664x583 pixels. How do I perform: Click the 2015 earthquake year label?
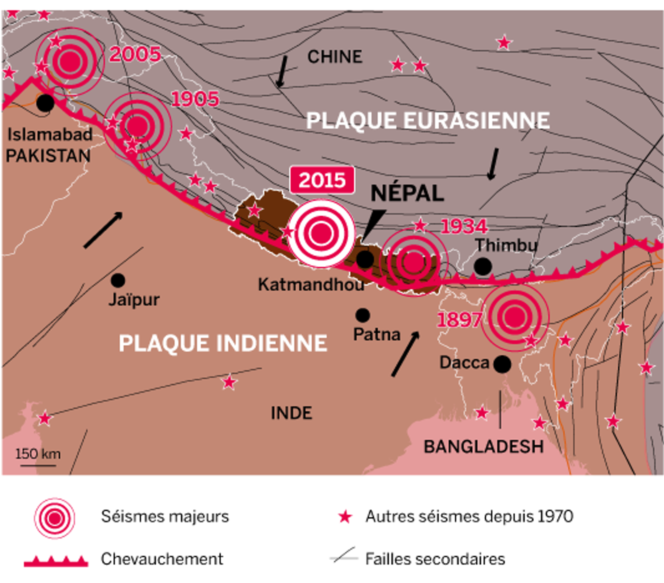point(322,180)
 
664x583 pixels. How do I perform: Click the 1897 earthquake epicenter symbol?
point(514,316)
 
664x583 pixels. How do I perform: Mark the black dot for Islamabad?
point(45,103)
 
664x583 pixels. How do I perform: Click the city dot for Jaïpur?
point(118,280)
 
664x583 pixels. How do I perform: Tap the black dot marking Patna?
point(362,315)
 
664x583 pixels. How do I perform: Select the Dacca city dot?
point(502,364)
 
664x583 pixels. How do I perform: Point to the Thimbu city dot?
point(482,266)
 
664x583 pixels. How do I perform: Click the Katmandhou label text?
point(310,284)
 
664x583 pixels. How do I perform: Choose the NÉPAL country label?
point(407,193)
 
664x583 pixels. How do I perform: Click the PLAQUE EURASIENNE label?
point(427,120)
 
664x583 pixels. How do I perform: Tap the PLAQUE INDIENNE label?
point(222,343)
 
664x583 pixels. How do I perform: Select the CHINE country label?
point(334,56)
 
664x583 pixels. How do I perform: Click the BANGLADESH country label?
point(483,446)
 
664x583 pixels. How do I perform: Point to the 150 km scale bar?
point(38,465)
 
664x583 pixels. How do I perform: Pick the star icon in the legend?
point(345,516)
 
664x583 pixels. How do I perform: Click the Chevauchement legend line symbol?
point(56,561)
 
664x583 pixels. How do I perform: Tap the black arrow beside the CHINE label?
point(282,71)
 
